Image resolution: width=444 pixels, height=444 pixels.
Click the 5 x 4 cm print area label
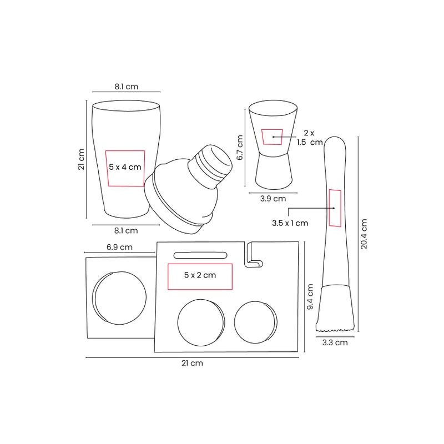click(x=125, y=167)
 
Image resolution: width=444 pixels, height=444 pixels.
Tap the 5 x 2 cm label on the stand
click(x=200, y=275)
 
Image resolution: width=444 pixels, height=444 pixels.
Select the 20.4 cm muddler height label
click(x=364, y=234)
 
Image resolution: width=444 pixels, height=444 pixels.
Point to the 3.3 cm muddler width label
click(x=335, y=342)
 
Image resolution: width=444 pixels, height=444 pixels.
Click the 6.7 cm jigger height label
click(x=240, y=148)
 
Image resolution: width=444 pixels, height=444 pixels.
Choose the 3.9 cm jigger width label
click(x=273, y=199)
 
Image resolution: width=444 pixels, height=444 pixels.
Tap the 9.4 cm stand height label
click(x=310, y=297)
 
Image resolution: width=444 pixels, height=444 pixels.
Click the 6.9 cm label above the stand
click(x=119, y=247)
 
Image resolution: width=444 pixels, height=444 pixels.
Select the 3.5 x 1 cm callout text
click(x=290, y=223)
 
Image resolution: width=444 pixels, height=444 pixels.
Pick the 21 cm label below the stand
click(x=192, y=363)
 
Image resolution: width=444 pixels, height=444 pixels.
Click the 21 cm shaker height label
click(x=81, y=159)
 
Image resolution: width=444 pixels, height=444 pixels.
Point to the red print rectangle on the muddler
click(x=335, y=208)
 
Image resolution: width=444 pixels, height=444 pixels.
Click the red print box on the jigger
click(x=272, y=137)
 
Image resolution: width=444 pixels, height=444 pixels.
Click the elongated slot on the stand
click(x=200, y=255)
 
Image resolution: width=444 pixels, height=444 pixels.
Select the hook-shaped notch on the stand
click(x=254, y=255)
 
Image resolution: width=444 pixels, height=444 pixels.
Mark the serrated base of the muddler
click(x=335, y=329)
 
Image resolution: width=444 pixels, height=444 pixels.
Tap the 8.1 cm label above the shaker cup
click(x=127, y=87)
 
